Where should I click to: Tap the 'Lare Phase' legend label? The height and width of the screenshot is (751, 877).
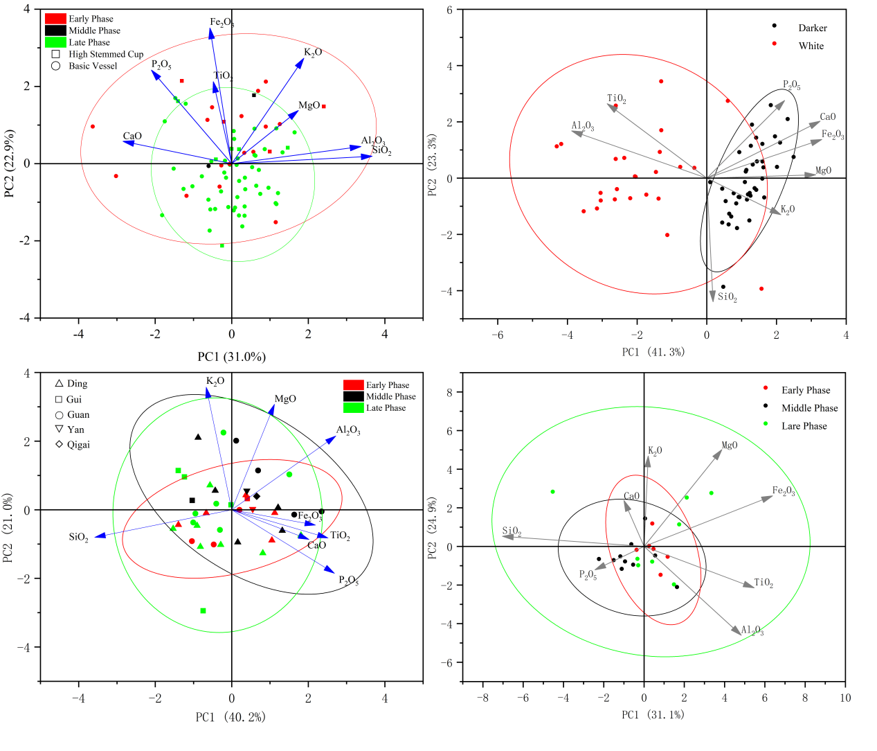(x=804, y=426)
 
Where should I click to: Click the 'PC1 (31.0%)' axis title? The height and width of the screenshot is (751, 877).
(x=231, y=357)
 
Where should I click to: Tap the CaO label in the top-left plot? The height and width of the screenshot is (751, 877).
(x=132, y=136)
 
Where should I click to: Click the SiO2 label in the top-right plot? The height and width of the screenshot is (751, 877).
(x=727, y=297)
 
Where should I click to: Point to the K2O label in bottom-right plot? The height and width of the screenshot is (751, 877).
(x=655, y=451)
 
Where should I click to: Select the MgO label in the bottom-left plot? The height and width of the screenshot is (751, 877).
(x=285, y=399)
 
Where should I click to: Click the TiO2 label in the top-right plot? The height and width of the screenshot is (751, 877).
(x=617, y=99)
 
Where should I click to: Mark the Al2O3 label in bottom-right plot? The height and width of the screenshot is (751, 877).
(x=752, y=630)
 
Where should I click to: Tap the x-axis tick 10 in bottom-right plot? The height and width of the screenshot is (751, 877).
(x=845, y=698)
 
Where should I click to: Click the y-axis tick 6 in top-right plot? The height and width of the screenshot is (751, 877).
(x=449, y=10)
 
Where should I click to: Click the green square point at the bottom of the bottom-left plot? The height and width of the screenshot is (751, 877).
(x=203, y=610)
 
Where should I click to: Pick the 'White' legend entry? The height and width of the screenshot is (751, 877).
(x=811, y=46)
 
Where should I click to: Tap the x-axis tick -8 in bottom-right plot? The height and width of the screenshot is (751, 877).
(x=483, y=698)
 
